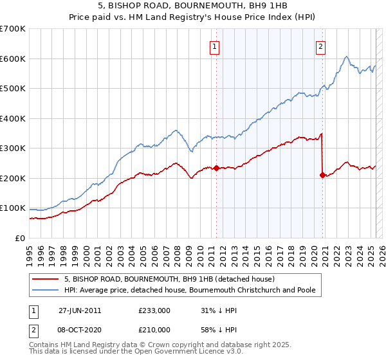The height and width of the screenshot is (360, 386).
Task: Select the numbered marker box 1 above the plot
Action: [x=214, y=46]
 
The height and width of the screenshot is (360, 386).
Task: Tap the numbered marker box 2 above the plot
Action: [x=320, y=46]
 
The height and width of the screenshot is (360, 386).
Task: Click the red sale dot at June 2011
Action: [x=216, y=168]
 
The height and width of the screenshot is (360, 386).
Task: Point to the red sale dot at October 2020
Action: [x=322, y=175]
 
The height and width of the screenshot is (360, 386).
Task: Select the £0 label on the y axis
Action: [x=21, y=238]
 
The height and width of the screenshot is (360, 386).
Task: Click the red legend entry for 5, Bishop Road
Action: [x=169, y=280]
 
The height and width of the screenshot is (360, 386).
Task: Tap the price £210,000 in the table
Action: [x=154, y=330]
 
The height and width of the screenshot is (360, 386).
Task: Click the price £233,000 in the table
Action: [x=154, y=310]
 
